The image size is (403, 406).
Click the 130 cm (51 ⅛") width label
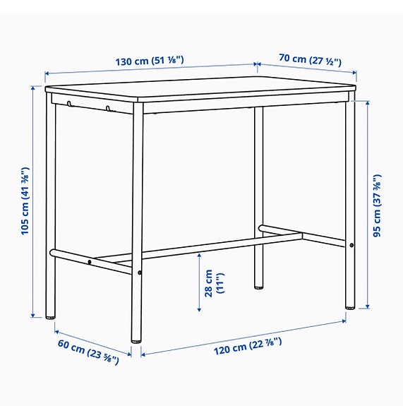150,61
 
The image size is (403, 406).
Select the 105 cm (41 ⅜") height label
25,201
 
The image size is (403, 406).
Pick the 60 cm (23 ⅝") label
88,348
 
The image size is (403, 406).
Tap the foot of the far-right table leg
350,308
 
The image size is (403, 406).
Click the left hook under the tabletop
69,105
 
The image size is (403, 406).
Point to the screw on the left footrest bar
90,262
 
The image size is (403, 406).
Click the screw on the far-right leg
351,245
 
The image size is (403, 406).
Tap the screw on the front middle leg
140,273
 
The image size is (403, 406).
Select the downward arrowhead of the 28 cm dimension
198,309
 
